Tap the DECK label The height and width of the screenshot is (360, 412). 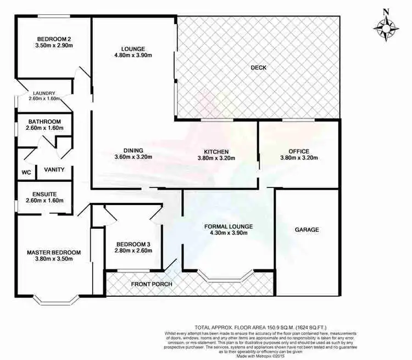coord(258,68)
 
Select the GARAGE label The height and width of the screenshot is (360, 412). coord(307,230)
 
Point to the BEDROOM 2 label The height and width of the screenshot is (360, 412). coord(54,39)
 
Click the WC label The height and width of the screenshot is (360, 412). coord(26,172)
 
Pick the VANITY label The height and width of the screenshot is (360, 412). coord(55,170)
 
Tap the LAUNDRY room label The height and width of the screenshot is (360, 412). coord(44,93)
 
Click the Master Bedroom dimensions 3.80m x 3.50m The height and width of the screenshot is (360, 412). coord(54,260)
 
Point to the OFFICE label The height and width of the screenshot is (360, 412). coord(299,151)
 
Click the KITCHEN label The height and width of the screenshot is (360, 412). coord(216,151)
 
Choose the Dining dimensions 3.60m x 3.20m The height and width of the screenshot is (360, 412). coord(133,157)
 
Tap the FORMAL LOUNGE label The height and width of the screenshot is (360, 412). coord(228,226)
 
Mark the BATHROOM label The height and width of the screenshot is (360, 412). coord(44,121)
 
